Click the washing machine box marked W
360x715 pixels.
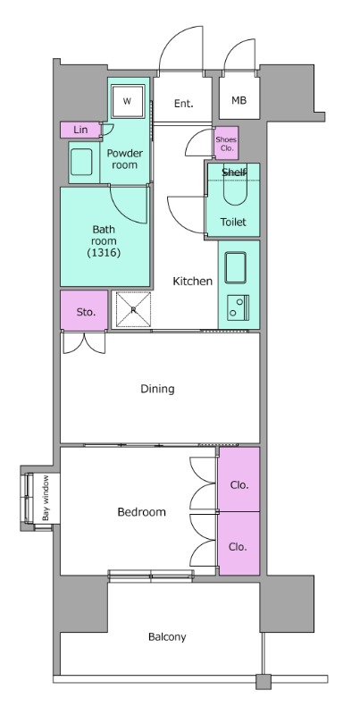[x=127, y=101]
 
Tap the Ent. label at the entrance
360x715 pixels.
[x=184, y=104]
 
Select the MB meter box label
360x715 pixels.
[x=239, y=100]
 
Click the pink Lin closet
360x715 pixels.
[x=80, y=130]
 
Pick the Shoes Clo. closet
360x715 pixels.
[x=227, y=144]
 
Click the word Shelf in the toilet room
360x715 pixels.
[x=234, y=172]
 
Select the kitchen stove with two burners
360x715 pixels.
[x=239, y=307]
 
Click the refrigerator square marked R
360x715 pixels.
[x=133, y=309]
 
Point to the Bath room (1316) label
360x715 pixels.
[x=104, y=240]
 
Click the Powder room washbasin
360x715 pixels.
[x=81, y=163]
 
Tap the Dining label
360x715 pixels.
[x=157, y=389]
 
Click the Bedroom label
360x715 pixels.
[x=142, y=512]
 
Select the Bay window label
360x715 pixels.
[x=46, y=498]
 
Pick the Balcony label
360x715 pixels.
[x=167, y=637]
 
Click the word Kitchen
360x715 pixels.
[x=193, y=282]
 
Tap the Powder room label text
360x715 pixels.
[x=124, y=159]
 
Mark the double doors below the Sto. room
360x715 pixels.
[x=84, y=343]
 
